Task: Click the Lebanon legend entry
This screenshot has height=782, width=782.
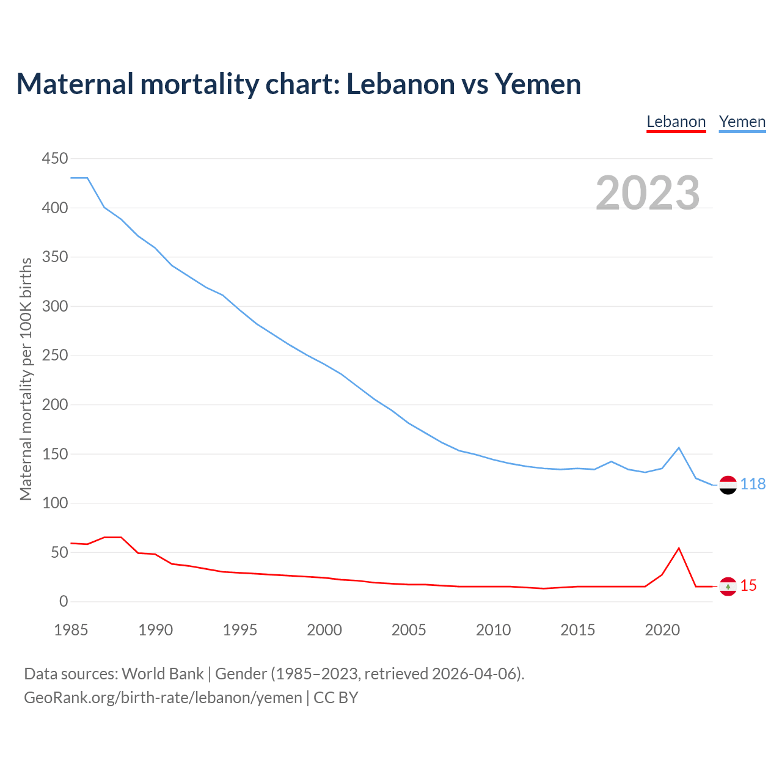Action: [676, 122]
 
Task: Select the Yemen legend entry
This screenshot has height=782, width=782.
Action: [742, 122]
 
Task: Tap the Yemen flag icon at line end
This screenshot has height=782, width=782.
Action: [728, 485]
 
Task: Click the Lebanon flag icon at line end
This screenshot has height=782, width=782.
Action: [728, 586]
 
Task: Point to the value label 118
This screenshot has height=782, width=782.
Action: [753, 484]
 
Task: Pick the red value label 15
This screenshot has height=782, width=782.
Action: [748, 586]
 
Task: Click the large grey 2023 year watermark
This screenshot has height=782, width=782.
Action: [648, 192]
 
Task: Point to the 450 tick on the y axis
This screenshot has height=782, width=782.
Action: [55, 159]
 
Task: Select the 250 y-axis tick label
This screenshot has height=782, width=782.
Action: [55, 356]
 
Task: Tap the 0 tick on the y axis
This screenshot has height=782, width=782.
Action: [64, 602]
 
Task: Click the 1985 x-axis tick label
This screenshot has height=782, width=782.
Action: [71, 630]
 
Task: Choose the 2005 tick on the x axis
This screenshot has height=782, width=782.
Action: [409, 630]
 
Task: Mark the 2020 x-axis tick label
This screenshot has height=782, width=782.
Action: [662, 630]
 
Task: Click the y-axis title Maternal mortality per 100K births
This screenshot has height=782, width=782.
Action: [26, 379]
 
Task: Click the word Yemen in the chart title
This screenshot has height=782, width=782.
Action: [538, 84]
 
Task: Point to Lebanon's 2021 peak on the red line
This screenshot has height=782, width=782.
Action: [679, 548]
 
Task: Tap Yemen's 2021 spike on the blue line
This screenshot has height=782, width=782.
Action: [679, 448]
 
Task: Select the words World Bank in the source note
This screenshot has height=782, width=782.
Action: [163, 674]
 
